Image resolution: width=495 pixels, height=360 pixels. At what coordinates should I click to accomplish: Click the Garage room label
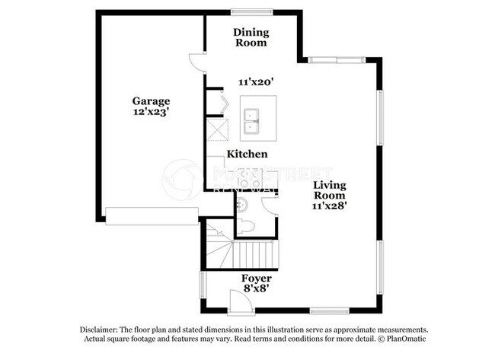coord(151,100)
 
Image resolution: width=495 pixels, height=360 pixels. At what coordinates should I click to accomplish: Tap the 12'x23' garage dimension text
coord(151,112)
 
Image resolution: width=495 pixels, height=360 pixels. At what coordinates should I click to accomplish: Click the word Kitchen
coord(247,154)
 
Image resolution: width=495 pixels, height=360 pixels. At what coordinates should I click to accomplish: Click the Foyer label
coord(255,278)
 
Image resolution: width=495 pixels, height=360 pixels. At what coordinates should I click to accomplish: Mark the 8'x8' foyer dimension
coord(255,289)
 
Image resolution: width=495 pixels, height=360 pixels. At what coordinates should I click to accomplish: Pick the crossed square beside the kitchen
coord(219,130)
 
